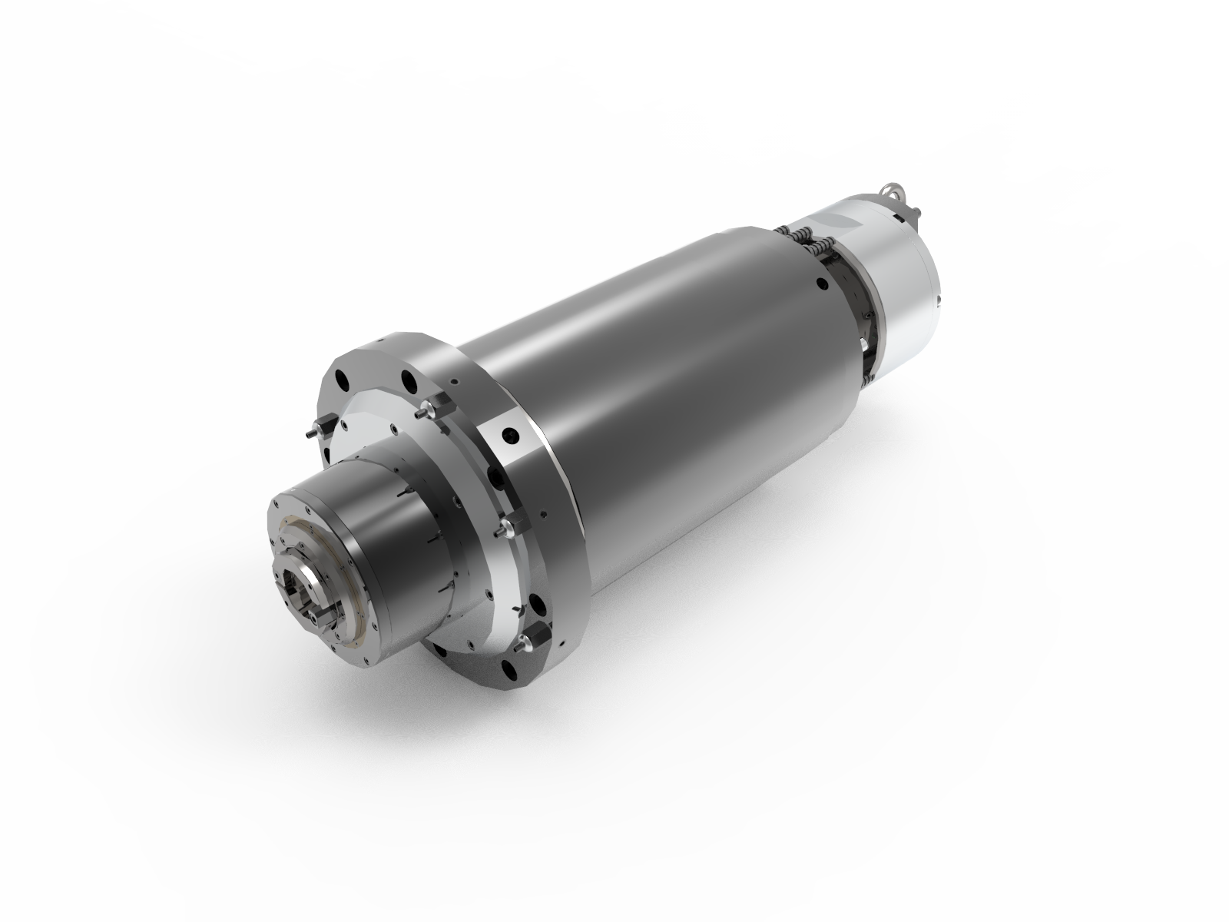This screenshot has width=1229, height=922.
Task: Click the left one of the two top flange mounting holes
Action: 343,380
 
